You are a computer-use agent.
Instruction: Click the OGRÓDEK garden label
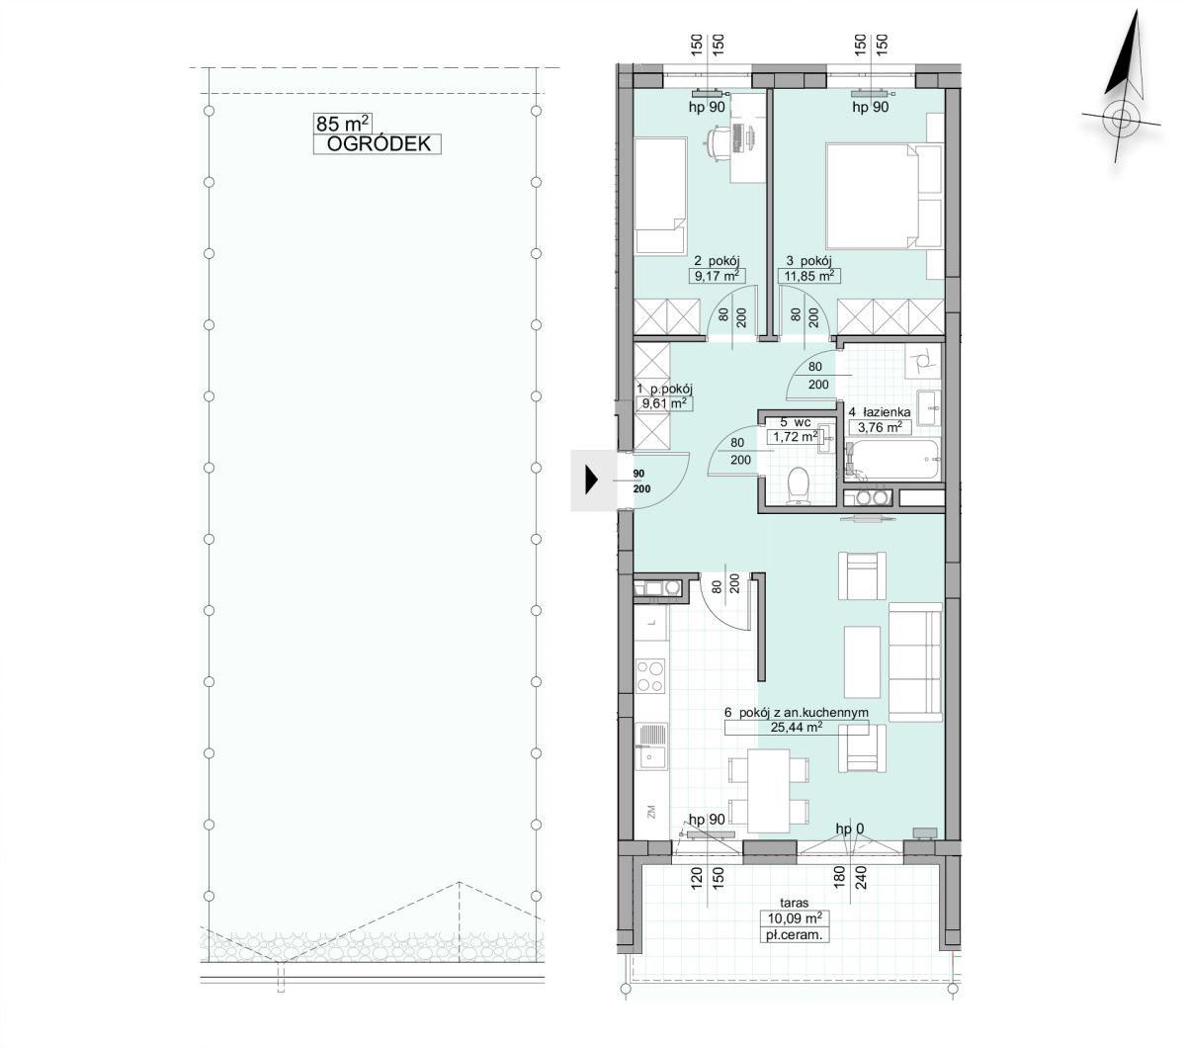click(x=378, y=144)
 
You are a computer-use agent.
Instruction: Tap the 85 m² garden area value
click(x=342, y=124)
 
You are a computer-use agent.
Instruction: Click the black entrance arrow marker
click(x=591, y=480)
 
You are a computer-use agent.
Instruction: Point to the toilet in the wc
click(x=798, y=485)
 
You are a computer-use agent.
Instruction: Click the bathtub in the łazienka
click(x=892, y=460)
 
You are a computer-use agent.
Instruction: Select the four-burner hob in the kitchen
click(x=651, y=676)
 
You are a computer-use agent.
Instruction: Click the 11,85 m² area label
click(x=809, y=276)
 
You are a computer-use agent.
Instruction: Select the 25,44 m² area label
click(x=797, y=728)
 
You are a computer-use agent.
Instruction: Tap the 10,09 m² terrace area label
click(x=795, y=917)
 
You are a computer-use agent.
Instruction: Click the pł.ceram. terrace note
click(x=795, y=935)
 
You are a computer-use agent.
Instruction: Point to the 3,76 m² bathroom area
click(x=880, y=427)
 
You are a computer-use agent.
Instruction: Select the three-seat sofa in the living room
click(x=915, y=661)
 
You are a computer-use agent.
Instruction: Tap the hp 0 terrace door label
click(x=850, y=829)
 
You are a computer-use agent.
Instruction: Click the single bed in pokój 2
click(x=660, y=196)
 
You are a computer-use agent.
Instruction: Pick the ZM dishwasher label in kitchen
click(x=651, y=812)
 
